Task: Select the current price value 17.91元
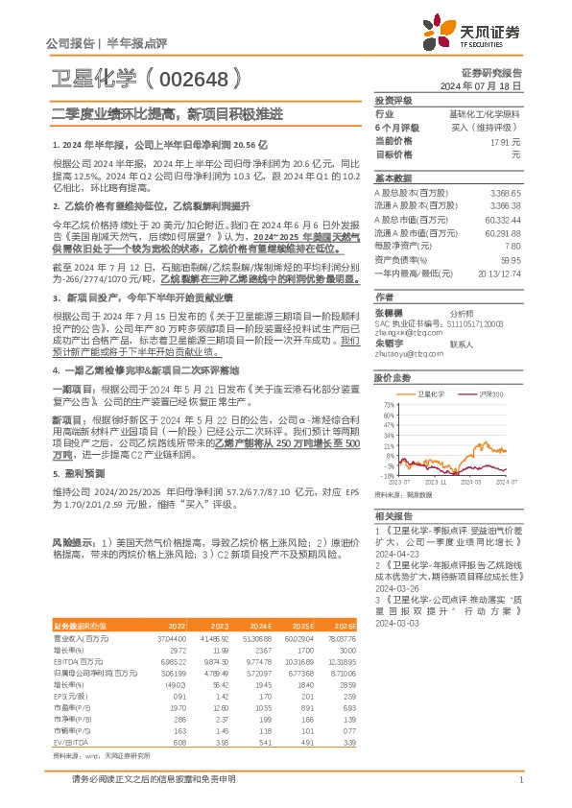tap(505, 141)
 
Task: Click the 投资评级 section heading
tap(393, 100)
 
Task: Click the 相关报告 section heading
tap(393, 515)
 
